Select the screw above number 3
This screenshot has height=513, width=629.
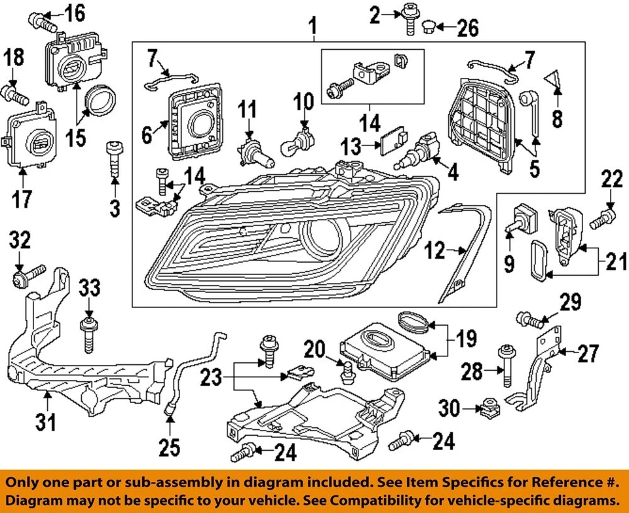[114, 159]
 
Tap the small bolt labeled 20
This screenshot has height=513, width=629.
[347, 371]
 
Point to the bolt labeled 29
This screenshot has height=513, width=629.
[530, 320]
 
